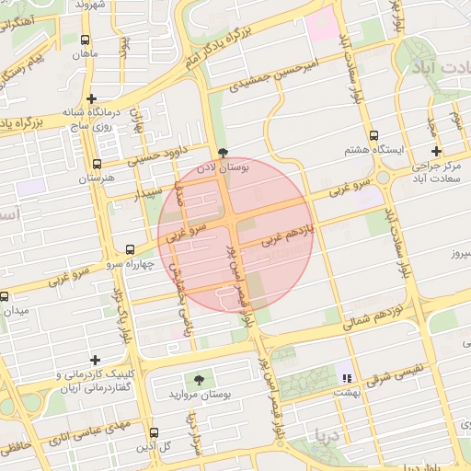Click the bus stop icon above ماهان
(85, 40)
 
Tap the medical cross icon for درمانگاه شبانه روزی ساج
(91, 98)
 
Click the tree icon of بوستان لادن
(222, 153)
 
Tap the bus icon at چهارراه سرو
(129, 249)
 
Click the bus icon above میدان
(5, 296)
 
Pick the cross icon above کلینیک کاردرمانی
(95, 360)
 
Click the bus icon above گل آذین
(154, 432)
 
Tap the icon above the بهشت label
(346, 377)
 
